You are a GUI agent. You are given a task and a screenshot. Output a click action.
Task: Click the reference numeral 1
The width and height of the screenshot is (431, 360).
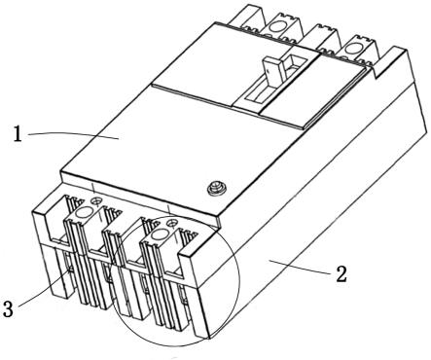click(18, 134)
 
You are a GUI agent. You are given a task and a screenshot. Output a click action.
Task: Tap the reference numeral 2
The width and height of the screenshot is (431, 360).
click(341, 274)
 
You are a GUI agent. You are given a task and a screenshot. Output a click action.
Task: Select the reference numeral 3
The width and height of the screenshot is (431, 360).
click(8, 308)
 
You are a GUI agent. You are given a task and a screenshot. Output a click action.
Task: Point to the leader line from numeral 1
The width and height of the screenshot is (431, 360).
click(73, 134)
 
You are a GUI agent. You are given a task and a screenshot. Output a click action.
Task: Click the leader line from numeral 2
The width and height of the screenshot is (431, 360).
click(299, 266)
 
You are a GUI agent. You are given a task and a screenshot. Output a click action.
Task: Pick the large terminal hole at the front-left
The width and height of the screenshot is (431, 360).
click(84, 213)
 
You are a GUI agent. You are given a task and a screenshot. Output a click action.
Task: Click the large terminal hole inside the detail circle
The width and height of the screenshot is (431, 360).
click(160, 234)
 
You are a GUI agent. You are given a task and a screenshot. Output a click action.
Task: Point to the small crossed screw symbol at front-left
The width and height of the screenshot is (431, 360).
click(95, 201)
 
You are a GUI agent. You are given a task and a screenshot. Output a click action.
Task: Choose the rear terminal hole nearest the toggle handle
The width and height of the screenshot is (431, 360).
click(277, 26)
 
